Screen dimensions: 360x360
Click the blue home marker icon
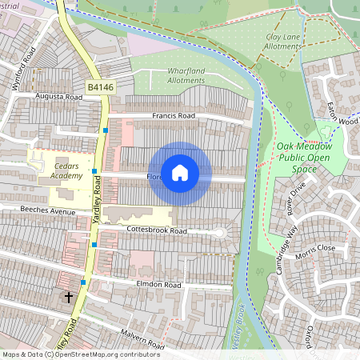pyautogui.click(x=180, y=173)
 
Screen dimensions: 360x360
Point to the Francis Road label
pyautogui.click(x=173, y=116)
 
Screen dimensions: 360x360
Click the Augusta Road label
pyautogui.click(x=58, y=96)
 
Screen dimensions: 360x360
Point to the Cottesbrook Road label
pyautogui.click(x=156, y=230)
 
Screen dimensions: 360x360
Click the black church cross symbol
pyautogui.click(x=69, y=297)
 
